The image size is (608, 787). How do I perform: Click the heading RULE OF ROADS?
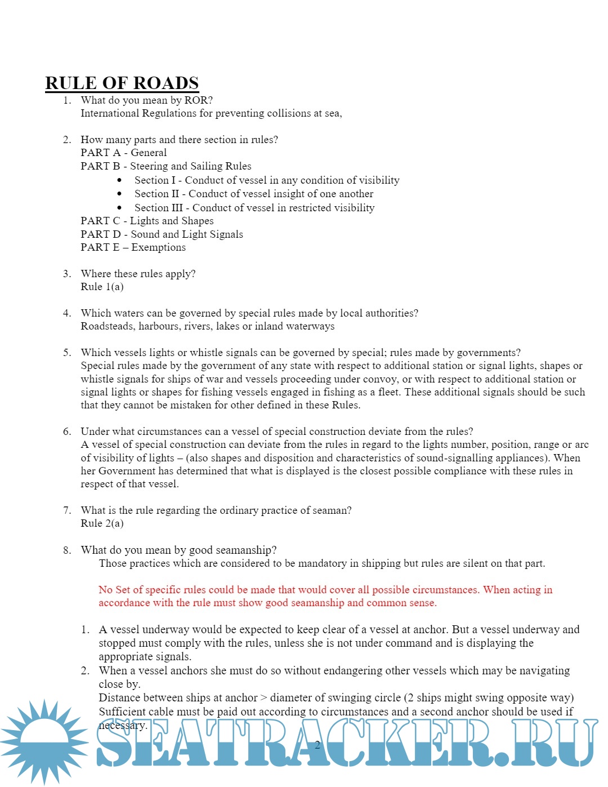coord(122,83)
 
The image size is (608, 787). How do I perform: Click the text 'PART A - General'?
coord(123,153)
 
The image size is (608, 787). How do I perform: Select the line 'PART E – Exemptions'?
coord(133,247)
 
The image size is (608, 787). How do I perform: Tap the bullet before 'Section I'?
coord(119,180)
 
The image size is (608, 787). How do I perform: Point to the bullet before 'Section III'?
coord(119,208)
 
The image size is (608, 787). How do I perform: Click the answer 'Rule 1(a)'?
coord(102,287)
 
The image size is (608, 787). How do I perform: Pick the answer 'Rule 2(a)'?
coord(102,523)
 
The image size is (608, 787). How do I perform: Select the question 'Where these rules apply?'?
coord(138,274)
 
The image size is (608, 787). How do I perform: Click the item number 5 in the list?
coord(67,353)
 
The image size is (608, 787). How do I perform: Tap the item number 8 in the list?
coord(67,550)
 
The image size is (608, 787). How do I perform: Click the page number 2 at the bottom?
coord(318,745)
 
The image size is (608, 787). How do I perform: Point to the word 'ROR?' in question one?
coord(199,100)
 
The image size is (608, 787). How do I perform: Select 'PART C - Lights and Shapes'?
coord(147,221)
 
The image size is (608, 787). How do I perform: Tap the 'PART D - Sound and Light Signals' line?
coord(162,234)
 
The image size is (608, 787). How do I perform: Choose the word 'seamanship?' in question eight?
coord(248,550)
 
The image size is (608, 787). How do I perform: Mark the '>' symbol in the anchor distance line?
coord(264,698)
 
